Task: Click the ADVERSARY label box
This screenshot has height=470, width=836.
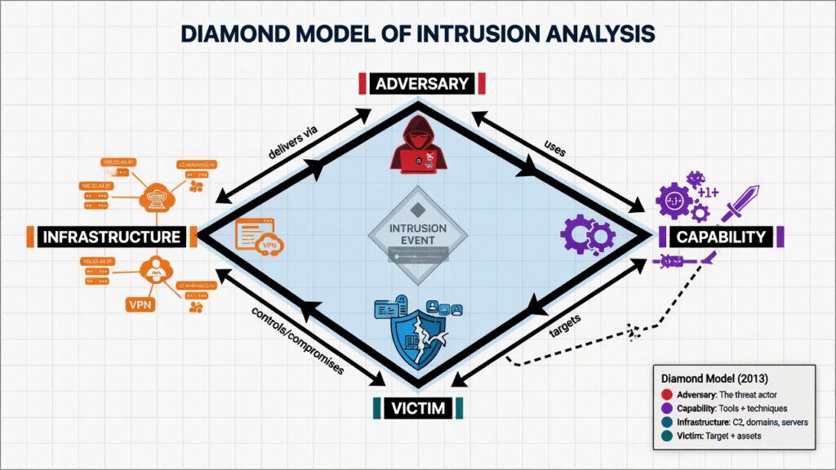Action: pyautogui.click(x=423, y=83)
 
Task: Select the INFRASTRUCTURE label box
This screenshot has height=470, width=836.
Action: pyautogui.click(x=111, y=237)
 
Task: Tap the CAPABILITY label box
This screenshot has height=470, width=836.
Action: pyautogui.click(x=721, y=237)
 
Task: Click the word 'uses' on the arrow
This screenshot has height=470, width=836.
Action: pyautogui.click(x=555, y=147)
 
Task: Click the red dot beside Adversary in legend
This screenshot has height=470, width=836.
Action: pyautogui.click(x=668, y=395)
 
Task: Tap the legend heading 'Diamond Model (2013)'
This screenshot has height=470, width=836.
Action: pyautogui.click(x=709, y=379)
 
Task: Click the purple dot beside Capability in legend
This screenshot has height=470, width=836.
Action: pyautogui.click(x=668, y=409)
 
